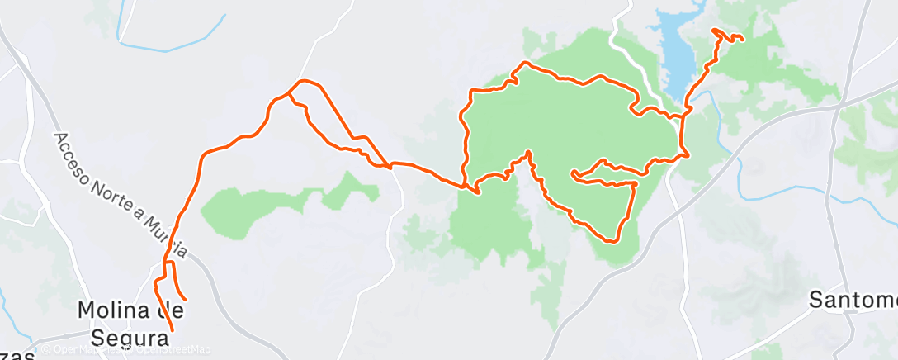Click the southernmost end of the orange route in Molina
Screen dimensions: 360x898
[x=173, y=330]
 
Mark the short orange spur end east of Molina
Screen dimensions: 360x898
[x=186, y=299]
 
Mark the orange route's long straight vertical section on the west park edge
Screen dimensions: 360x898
[x=465, y=140]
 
